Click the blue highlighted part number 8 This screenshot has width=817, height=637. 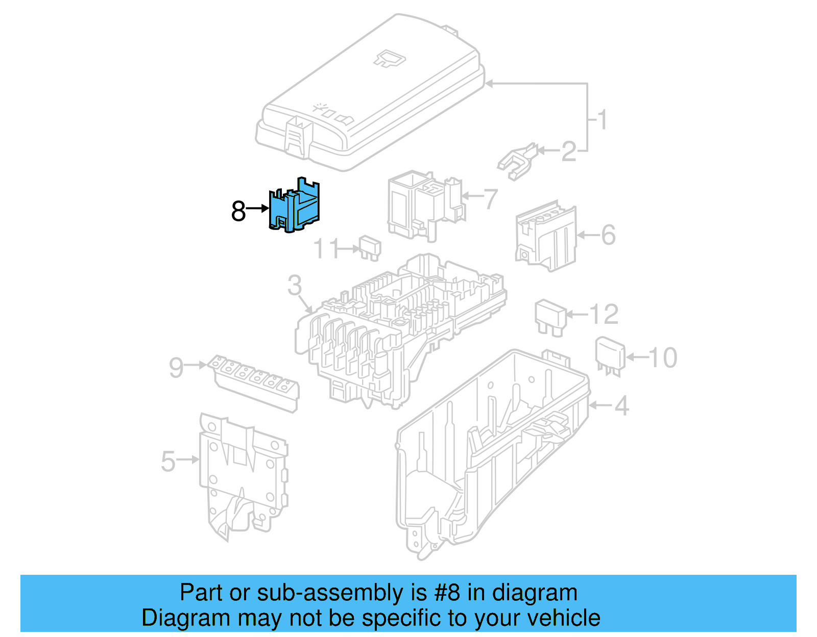[x=295, y=207]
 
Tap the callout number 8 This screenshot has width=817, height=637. [x=238, y=211]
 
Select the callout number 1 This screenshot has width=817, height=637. [x=603, y=120]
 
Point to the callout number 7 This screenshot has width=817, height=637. [x=490, y=199]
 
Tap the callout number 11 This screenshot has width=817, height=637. [x=326, y=249]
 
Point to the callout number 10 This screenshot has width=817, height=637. [x=663, y=358]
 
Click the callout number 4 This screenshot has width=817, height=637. [x=621, y=406]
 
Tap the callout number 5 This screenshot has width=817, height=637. [x=168, y=461]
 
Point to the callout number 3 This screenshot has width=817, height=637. [x=295, y=285]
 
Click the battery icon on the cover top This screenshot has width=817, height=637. [x=390, y=59]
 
